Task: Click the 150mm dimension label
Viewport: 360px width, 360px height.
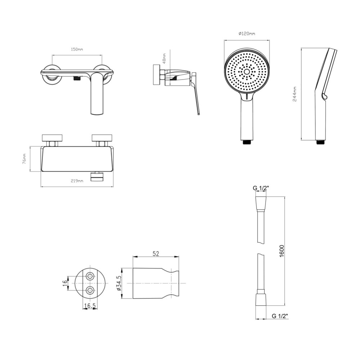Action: pyautogui.click(x=77, y=49)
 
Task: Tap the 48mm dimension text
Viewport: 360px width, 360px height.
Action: pyautogui.click(x=164, y=58)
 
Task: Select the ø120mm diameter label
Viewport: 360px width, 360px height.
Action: pyautogui.click(x=247, y=34)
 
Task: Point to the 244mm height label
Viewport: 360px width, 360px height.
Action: pyautogui.click(x=295, y=94)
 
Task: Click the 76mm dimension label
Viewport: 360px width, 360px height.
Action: pyautogui.click(x=24, y=159)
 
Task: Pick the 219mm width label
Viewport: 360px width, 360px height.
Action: pyautogui.click(x=77, y=181)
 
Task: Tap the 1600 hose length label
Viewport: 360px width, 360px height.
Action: pyautogui.click(x=282, y=251)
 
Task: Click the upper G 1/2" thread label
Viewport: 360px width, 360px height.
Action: pyautogui.click(x=261, y=188)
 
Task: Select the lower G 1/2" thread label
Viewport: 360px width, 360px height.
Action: pyautogui.click(x=280, y=316)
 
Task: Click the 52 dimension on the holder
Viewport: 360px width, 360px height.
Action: pyautogui.click(x=156, y=253)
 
